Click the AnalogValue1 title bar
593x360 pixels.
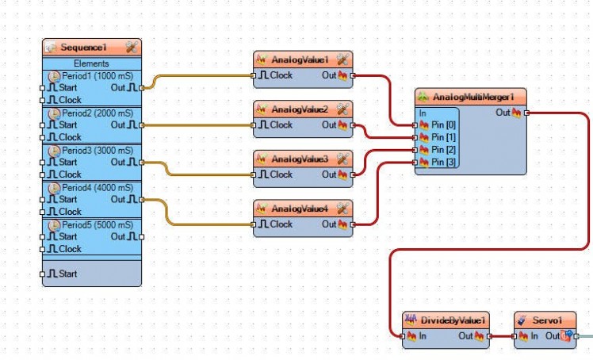coord(300,59)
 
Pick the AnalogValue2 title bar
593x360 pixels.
coord(300,109)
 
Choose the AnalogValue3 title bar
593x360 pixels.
coord(300,159)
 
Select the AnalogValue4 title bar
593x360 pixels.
coord(300,209)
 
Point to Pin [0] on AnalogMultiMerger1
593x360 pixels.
coord(442,125)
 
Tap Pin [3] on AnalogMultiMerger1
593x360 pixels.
coord(442,162)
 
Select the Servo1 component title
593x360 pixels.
coord(547,320)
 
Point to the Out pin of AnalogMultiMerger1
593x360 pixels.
coord(504,113)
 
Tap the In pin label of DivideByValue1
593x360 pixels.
coord(423,336)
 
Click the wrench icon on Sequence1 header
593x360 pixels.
coord(132,48)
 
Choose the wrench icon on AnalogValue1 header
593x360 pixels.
coord(342,59)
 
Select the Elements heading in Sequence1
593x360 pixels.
coord(91,63)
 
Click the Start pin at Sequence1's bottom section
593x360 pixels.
coord(67,274)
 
